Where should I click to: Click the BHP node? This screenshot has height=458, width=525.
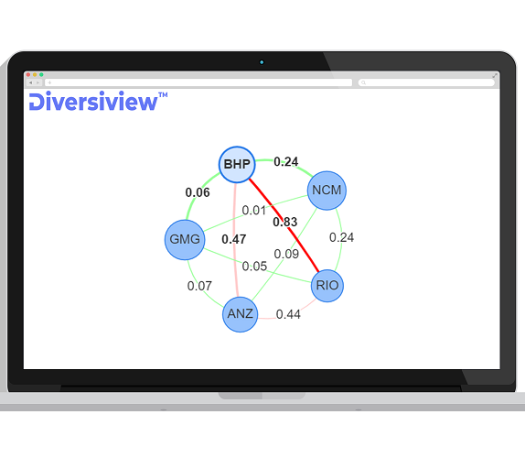237,165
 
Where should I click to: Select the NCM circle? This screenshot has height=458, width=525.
327,191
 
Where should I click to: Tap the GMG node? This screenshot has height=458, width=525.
185,240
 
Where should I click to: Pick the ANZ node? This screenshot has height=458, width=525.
240,314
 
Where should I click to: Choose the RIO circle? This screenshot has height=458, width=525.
327,286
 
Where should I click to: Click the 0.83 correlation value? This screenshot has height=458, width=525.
285,222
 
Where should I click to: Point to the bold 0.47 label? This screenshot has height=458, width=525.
234,239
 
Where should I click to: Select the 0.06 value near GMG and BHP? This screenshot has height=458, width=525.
198,192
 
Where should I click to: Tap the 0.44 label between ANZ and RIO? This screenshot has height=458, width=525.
288,314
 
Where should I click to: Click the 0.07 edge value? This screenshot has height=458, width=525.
199,286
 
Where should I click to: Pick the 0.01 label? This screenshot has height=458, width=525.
253,211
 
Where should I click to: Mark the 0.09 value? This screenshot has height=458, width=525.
286,254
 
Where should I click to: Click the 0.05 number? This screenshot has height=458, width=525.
254,267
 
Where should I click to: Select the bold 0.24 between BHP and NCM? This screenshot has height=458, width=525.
286,161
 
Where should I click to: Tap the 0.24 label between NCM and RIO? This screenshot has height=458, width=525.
341,237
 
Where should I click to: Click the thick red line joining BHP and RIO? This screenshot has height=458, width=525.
284,225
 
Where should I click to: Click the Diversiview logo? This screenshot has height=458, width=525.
98,101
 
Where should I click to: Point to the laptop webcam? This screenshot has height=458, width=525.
262,62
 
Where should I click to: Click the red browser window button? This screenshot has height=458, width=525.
28,75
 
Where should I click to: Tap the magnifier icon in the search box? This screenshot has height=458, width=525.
363,82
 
